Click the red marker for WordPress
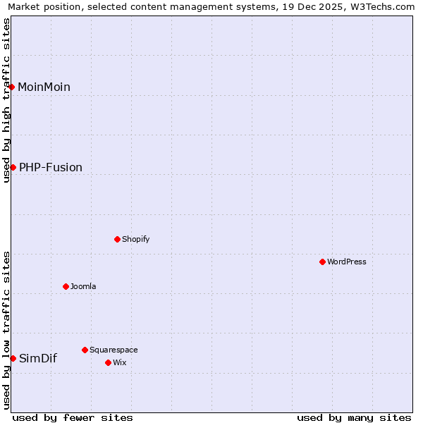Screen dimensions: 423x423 [322, 262]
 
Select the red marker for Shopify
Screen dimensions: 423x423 [117, 239]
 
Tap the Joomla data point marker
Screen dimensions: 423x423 [66, 286]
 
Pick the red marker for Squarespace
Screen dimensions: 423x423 [85, 350]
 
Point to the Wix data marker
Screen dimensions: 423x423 [108, 362]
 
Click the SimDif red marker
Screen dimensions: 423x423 [13, 358]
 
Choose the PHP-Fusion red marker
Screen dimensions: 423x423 [13, 167]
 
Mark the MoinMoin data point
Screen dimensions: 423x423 [11, 87]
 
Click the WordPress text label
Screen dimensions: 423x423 [347, 262]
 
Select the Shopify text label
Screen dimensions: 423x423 [136, 239]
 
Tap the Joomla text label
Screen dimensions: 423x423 [83, 286]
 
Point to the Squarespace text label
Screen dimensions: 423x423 [114, 350]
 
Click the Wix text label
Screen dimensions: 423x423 [120, 362]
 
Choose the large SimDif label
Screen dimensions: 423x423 [38, 358]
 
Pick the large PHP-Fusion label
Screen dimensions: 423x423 [51, 167]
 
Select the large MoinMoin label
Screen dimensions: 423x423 [44, 87]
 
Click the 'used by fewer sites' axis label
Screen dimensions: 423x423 [73, 417]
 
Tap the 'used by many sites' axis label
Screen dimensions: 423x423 [354, 417]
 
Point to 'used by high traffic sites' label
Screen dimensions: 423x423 [6, 100]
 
